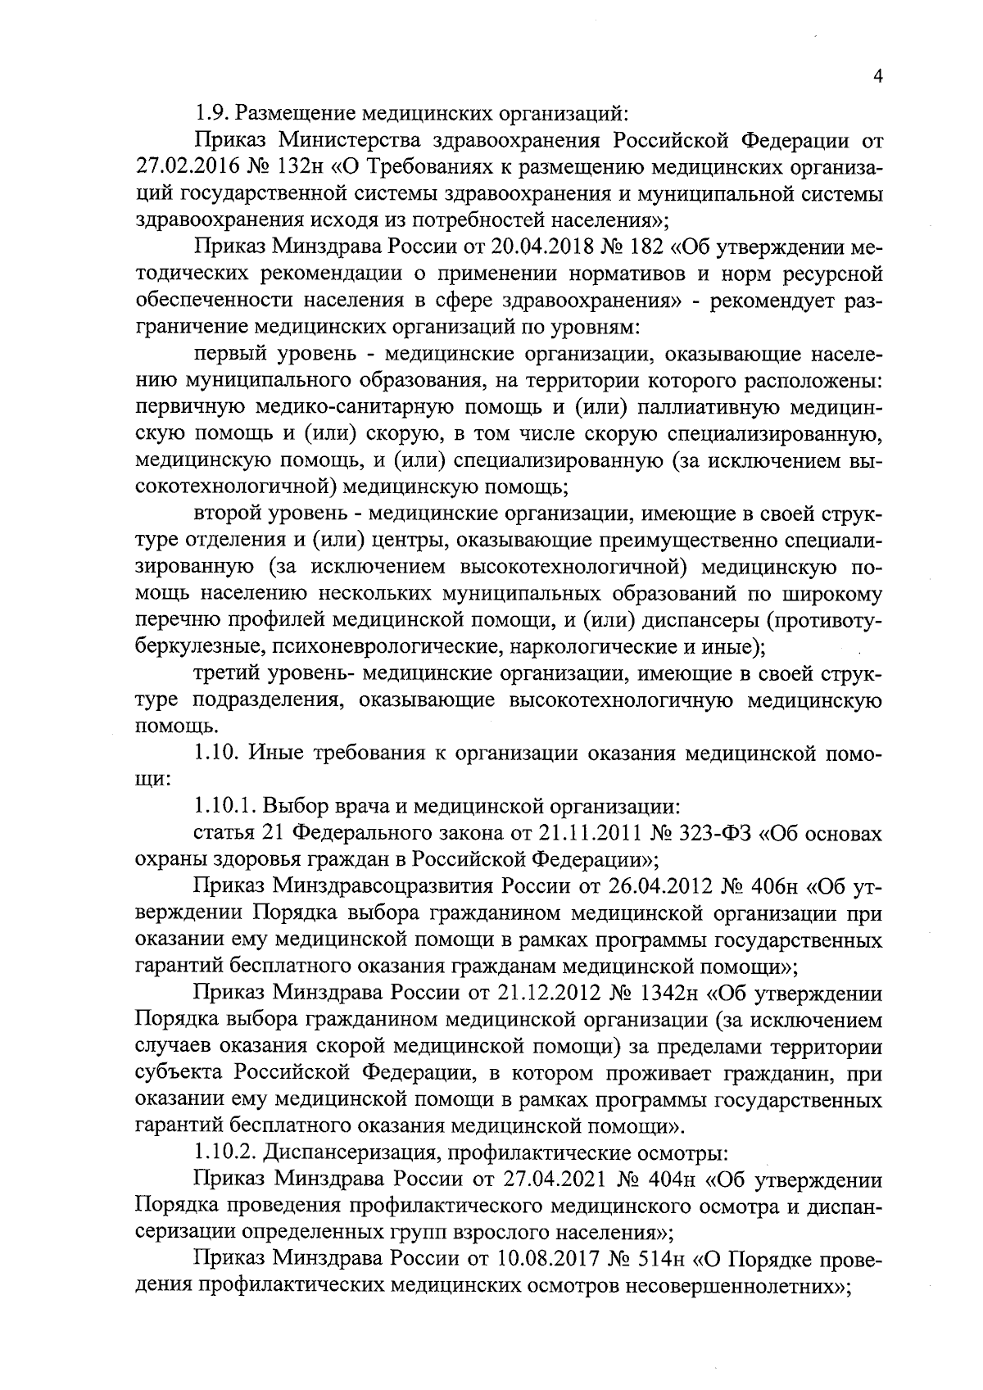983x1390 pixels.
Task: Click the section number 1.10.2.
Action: (222, 1153)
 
